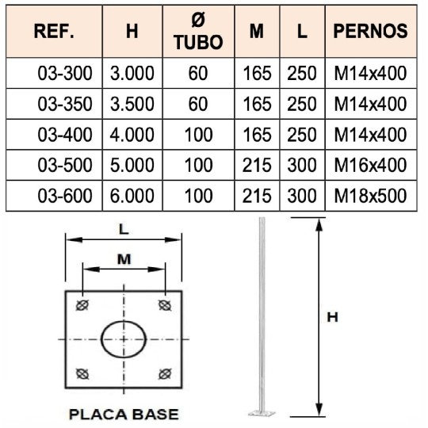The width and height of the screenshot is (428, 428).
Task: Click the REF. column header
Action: tap(55, 32)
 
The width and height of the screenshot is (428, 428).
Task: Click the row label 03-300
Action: tap(65, 75)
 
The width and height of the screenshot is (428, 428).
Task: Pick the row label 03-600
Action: tap(65, 195)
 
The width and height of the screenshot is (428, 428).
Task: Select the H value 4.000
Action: tap(132, 136)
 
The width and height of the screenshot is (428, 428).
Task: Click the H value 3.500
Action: tap(132, 105)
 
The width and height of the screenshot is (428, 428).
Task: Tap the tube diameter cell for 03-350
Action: tap(197, 105)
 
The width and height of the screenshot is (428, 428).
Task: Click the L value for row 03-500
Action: tap(302, 166)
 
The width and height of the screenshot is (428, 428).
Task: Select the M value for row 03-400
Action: tap(256, 136)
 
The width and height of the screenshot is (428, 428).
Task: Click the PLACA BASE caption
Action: tap(124, 414)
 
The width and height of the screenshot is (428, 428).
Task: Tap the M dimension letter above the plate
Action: tap(124, 258)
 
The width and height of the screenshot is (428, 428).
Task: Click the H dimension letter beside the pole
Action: tap(334, 316)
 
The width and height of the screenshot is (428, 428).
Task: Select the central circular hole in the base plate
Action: tap(125, 339)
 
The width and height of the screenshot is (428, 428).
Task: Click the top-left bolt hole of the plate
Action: tap(80, 305)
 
